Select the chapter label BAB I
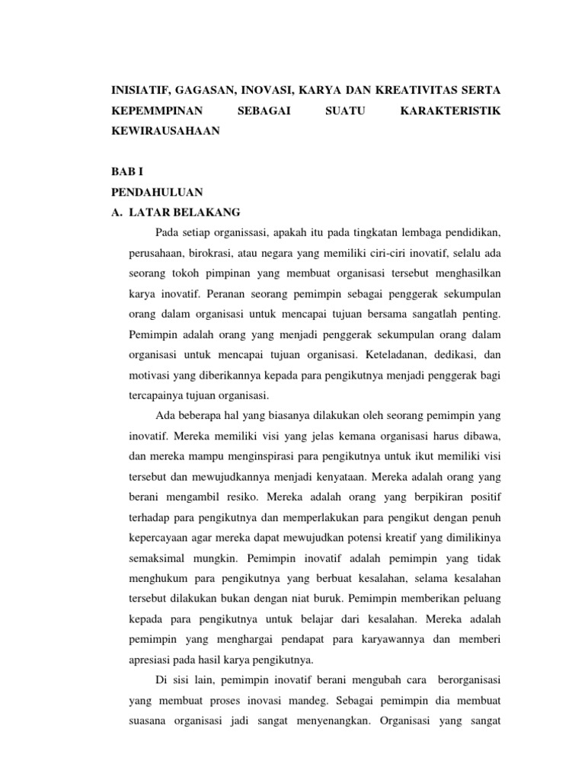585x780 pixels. coord(126,171)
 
